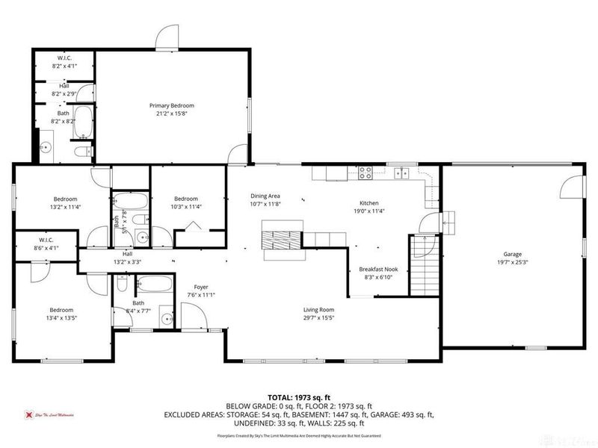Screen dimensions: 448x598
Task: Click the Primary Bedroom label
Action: (x=171, y=106)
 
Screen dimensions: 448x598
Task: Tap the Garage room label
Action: (x=512, y=254)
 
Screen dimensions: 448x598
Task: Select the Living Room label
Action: (x=318, y=310)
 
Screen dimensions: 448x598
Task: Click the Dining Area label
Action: (x=264, y=196)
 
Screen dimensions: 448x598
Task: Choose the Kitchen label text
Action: (x=369, y=203)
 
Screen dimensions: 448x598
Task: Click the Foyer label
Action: (x=201, y=287)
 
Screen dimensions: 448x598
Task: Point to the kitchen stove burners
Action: (x=366, y=172)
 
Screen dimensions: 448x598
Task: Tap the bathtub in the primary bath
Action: (x=82, y=122)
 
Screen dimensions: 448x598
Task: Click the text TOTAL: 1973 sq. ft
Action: (x=299, y=397)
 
